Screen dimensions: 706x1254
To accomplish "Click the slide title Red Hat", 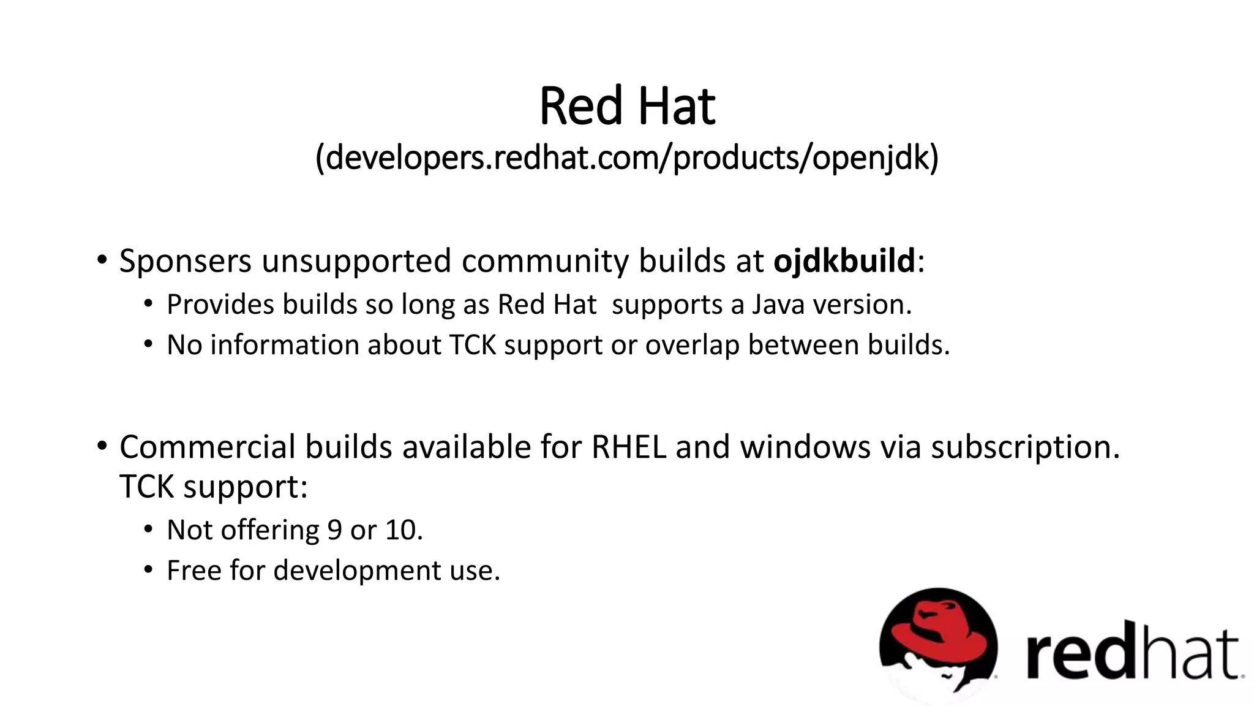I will point(627,107).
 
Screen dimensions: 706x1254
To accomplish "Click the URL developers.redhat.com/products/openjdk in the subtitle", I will point(627,158).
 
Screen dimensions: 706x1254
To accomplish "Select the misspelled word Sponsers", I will point(185,261).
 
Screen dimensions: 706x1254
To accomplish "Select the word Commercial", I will point(207,447).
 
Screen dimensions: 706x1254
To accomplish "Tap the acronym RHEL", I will point(628,447).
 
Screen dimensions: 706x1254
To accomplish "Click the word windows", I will point(805,447).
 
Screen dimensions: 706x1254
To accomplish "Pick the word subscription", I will point(1025,448).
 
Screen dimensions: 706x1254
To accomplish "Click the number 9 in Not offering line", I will point(334,530).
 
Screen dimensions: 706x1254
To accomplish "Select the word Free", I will point(193,571).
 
